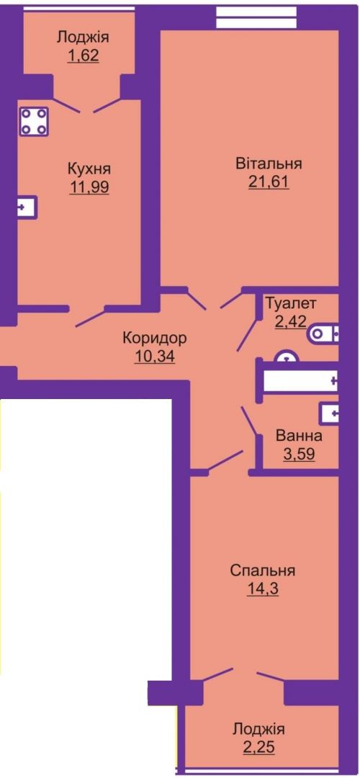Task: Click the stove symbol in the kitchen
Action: tap(35, 121)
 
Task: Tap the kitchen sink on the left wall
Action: tap(28, 207)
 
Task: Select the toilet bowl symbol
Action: tap(323, 334)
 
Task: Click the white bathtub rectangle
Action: tap(300, 381)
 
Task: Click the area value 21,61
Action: tap(269, 182)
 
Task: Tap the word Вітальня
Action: tap(269, 164)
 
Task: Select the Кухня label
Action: tap(89, 169)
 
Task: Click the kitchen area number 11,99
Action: tap(89, 187)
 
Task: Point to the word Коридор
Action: tap(155, 339)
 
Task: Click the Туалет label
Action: tap(291, 302)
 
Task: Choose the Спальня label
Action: tap(263, 571)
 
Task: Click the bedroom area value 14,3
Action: tap(263, 589)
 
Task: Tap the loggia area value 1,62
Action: tap(84, 55)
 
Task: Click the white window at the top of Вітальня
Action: tap(257, 18)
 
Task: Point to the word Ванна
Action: tap(299, 437)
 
